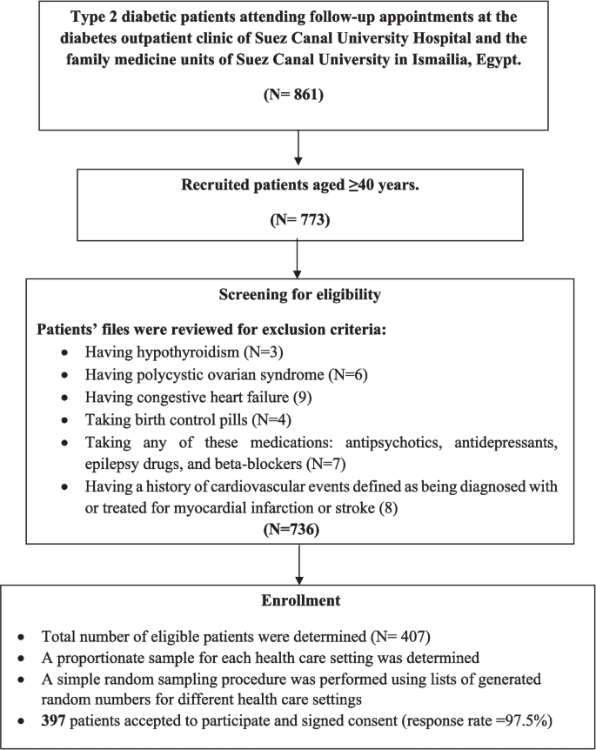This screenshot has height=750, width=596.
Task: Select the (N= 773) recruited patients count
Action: coord(299,221)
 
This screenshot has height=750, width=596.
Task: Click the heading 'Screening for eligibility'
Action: coord(299,295)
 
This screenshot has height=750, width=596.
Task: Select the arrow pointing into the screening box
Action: coord(299,259)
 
